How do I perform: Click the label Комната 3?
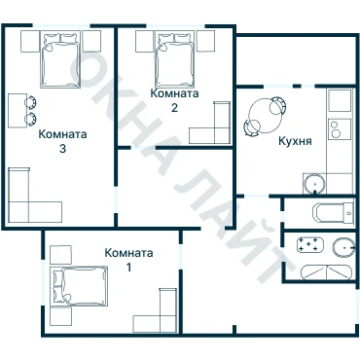[x=62, y=141]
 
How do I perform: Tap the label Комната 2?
[x=174, y=100]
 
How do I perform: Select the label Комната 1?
[x=128, y=260]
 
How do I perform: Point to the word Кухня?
[x=295, y=141]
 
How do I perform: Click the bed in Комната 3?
[x=60, y=59]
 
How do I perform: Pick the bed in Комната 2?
[x=174, y=59]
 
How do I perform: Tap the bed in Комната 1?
[x=79, y=286]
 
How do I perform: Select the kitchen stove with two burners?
[x=340, y=129]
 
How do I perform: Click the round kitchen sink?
[x=314, y=184]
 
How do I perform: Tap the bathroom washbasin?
[x=343, y=247]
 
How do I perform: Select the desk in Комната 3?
[x=18, y=111]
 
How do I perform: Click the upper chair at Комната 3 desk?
[x=30, y=102]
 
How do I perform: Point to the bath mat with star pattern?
[x=310, y=245]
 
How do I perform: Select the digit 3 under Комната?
[x=62, y=149]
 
